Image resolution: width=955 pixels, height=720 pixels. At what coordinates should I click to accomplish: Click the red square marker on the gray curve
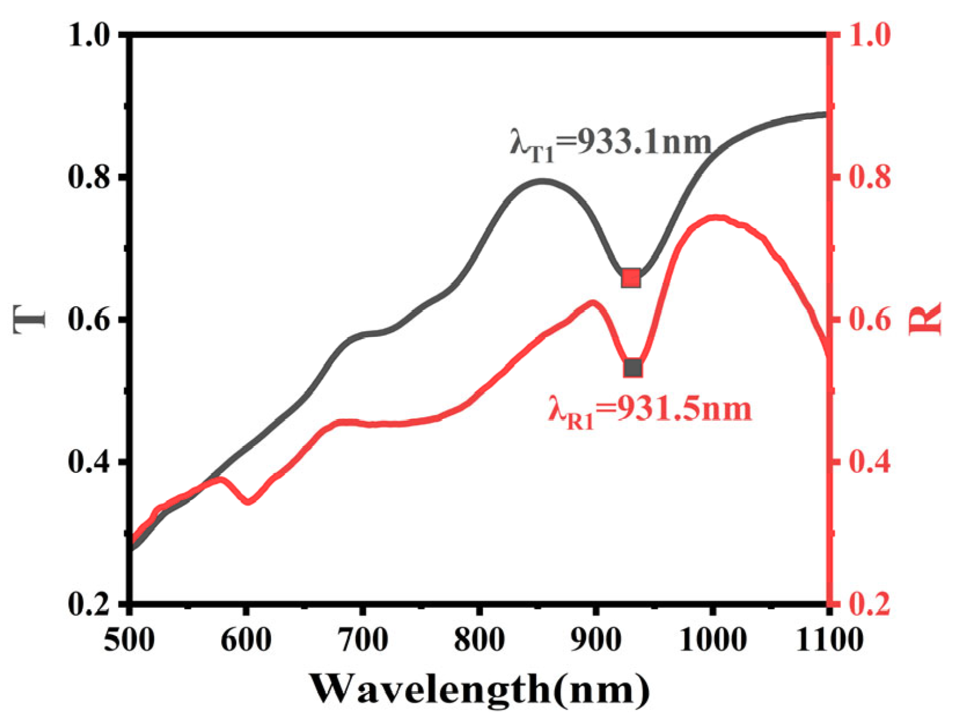(x=630, y=278)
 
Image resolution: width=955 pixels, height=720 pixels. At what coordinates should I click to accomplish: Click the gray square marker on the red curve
(x=633, y=368)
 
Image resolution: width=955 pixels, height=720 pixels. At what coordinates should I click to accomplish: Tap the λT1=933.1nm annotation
(x=610, y=142)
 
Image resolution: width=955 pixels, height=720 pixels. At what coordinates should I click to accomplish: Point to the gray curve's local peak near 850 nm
(x=541, y=181)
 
